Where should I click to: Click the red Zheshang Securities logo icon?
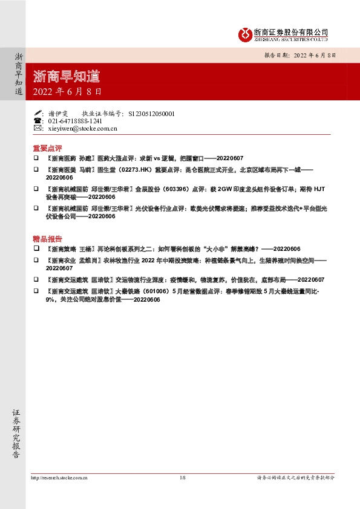pos(246,33)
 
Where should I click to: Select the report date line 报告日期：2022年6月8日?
pos(299,54)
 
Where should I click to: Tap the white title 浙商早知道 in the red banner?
pos(67,77)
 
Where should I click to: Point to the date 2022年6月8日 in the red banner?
pos(67,92)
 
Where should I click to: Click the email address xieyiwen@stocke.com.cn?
pos(82,128)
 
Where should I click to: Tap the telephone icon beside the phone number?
pos(38,121)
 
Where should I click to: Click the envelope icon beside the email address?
pos(38,128)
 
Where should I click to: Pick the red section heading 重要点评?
pos(48,148)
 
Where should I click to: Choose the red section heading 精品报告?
pos(48,238)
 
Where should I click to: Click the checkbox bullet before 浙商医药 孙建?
pos(36,158)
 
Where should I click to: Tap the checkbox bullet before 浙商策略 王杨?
pos(36,248)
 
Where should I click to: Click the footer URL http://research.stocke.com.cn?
pos(59,478)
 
